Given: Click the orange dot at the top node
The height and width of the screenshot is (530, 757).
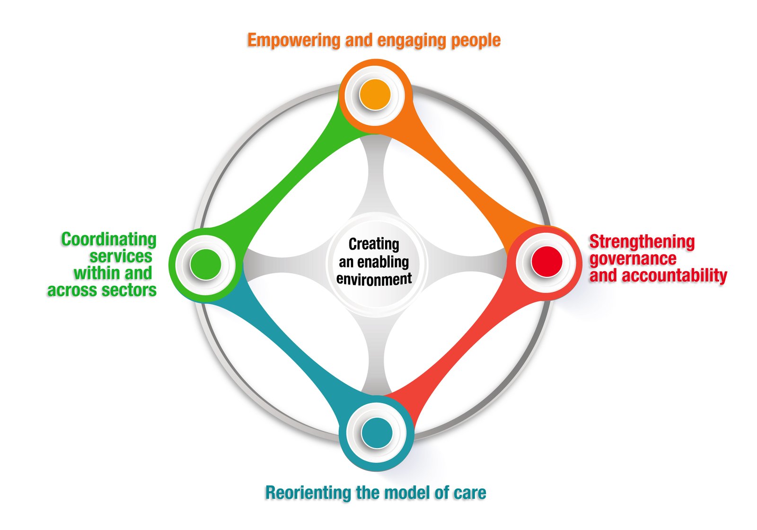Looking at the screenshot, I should click(375, 95).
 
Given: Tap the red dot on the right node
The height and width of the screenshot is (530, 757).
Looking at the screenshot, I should click(546, 261).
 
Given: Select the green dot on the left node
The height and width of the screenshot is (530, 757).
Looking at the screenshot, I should click(205, 264).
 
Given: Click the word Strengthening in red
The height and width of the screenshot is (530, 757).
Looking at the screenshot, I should click(642, 242).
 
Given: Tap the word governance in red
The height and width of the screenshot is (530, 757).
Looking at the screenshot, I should click(633, 259).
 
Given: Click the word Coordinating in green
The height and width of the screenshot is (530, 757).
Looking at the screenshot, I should click(109, 239).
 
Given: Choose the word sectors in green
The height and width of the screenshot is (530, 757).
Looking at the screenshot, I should click(132, 290).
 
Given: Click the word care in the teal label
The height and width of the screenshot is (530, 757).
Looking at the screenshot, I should click(470, 493).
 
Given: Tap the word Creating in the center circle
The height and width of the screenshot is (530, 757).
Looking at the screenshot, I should click(374, 244).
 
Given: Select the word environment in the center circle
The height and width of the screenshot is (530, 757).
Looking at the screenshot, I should click(374, 279).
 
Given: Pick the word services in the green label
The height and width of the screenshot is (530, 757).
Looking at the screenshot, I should click(121, 256).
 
